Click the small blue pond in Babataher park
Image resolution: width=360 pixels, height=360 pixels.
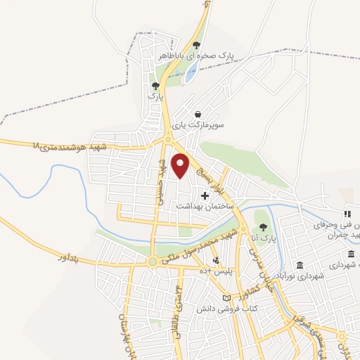[x=189, y=75]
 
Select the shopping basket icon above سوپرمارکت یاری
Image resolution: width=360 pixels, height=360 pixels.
[x=198, y=114]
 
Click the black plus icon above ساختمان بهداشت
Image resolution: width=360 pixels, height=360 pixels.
[x=205, y=195]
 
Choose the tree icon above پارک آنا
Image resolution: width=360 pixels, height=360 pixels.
[x=263, y=227]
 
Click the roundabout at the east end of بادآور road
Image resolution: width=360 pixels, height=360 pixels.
[x=153, y=262]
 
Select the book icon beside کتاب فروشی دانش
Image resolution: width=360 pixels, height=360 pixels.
[x=226, y=298]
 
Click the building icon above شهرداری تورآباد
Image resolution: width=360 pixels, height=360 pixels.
[x=300, y=265]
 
